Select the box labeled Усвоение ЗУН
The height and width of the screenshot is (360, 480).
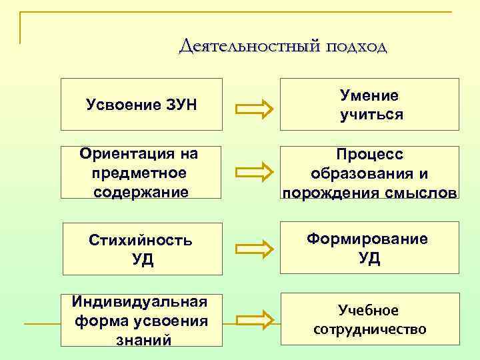tap(141, 104)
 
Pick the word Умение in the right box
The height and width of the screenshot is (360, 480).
tap(369, 95)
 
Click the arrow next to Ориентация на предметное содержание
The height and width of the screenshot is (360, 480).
tap(255, 172)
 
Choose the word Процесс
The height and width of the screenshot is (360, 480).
tap(369, 155)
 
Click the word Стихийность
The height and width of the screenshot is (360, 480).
tap(141, 241)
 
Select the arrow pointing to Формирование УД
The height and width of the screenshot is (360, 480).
tap(255, 248)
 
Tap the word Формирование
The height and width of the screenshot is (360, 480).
tap(369, 239)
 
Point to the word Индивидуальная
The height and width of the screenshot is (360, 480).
tap(139, 302)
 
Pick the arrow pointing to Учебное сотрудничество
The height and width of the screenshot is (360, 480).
tap(255, 319)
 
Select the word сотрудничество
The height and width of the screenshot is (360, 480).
tap(369, 329)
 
